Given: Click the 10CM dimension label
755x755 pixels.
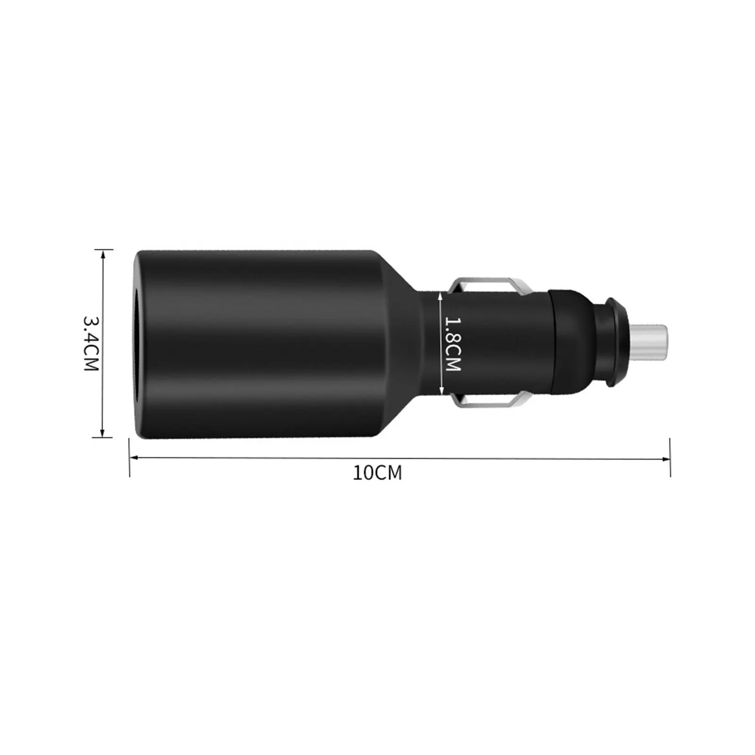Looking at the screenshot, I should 377,473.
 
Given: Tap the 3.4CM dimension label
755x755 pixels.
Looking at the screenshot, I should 91,343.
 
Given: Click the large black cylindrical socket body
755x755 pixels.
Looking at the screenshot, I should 264,343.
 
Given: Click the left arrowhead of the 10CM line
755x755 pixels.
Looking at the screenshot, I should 133,457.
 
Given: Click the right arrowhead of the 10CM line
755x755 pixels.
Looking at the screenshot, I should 666,459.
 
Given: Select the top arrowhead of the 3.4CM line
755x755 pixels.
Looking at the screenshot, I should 103,253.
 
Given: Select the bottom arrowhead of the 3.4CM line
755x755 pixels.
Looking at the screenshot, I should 103,433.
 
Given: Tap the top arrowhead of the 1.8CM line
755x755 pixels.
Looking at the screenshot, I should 441,295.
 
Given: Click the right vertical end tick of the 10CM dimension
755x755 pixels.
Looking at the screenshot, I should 670,457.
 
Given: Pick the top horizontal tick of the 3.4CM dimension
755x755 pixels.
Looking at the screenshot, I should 103,249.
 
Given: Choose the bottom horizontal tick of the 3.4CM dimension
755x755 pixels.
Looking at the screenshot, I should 103,437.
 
